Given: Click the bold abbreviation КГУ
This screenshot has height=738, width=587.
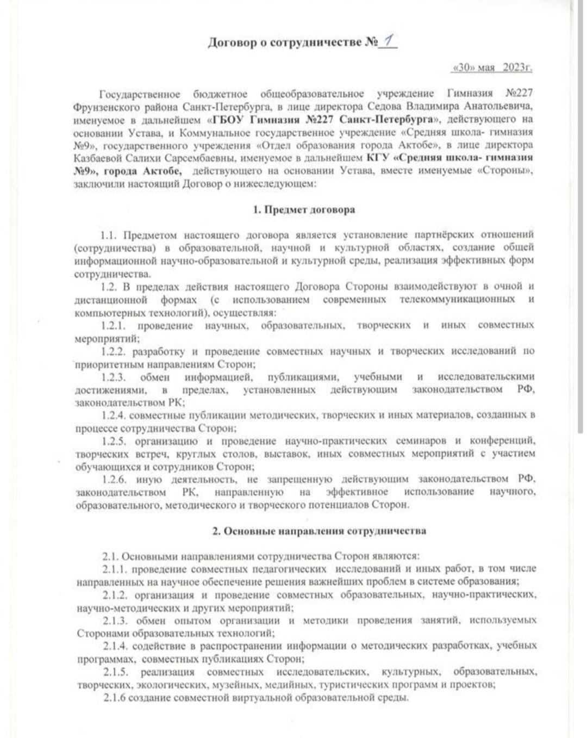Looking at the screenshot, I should pos(378,158).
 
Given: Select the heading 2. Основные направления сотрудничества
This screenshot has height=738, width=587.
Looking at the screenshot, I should pos(319,531).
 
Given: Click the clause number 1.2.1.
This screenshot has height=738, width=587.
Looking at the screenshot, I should pos(113,326).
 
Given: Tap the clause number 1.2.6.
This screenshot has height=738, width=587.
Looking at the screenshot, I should pos(114,480).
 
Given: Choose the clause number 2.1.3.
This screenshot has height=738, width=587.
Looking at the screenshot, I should pos(115,621).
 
